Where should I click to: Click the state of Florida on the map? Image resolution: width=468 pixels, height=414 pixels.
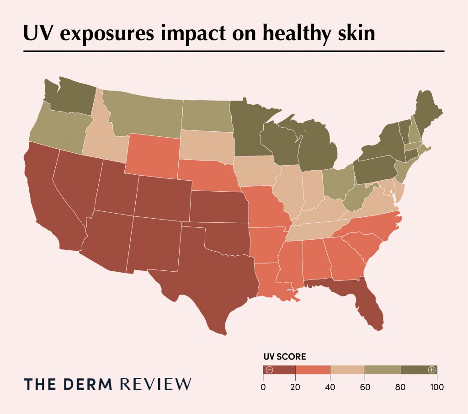coord(366,302)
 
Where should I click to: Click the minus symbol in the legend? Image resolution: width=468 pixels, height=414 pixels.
coord(269,370)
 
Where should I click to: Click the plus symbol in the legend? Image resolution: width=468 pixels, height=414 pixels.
coord(431,370)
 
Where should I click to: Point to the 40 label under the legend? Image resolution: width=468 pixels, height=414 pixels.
coord(330,387)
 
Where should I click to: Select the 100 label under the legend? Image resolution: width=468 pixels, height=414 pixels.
coord(436,387)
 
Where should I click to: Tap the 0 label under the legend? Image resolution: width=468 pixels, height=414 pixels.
coord(263,387)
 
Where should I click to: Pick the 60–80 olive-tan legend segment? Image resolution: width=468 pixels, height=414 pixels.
coord(383,370)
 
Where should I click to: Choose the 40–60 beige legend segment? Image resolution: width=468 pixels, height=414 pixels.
coord(347,370)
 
